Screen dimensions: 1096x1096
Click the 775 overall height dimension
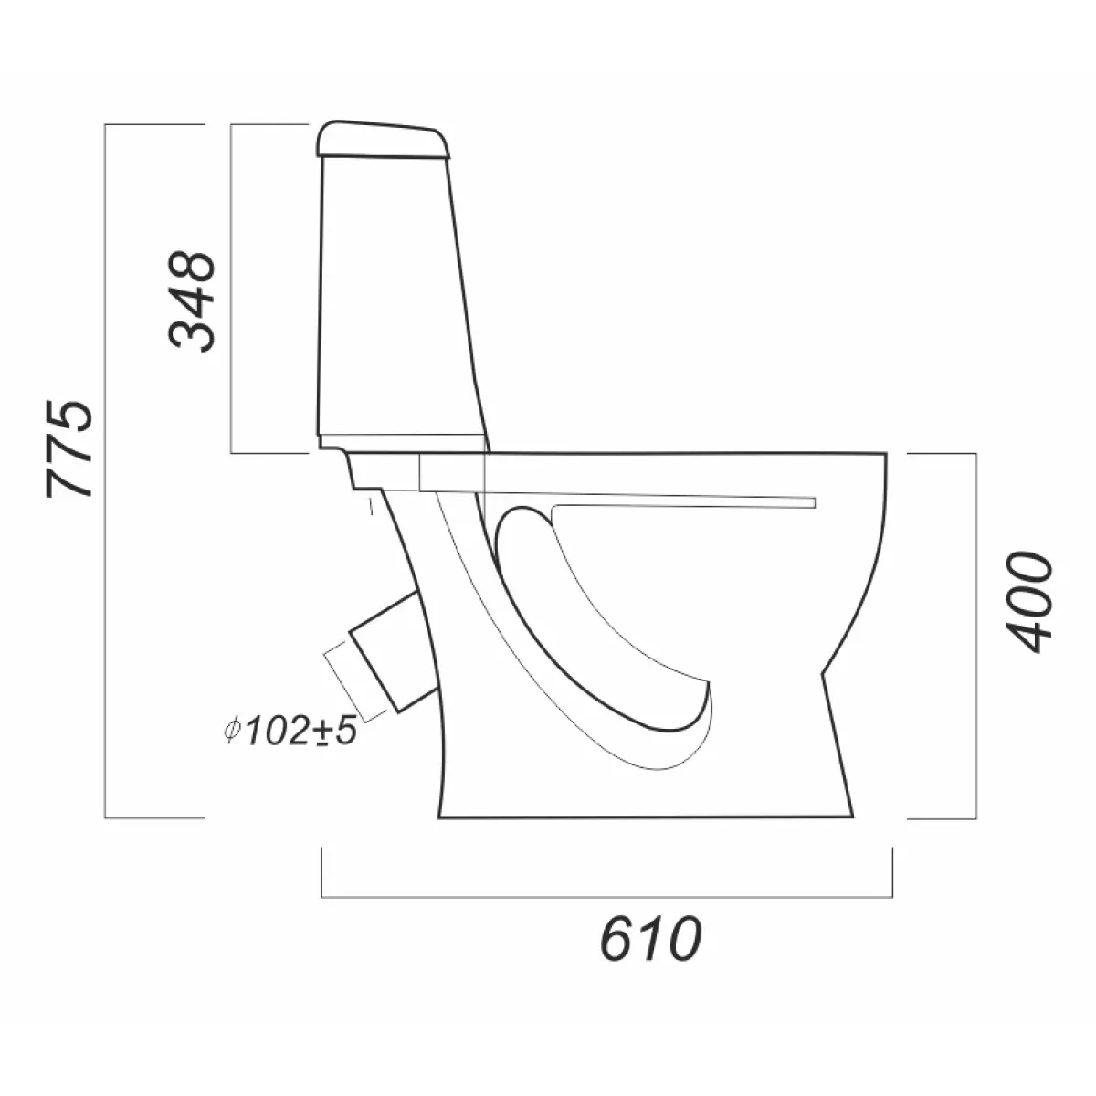[69, 448]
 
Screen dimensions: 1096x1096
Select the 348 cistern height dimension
[192, 300]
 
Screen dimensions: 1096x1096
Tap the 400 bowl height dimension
[1029, 602]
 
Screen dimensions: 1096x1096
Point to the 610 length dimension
[651, 938]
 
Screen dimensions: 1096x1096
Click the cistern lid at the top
[383, 139]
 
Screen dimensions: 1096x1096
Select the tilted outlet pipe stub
[394, 650]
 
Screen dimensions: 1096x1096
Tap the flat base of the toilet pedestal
[646, 817]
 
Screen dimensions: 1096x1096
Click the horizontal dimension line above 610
[606, 897]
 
